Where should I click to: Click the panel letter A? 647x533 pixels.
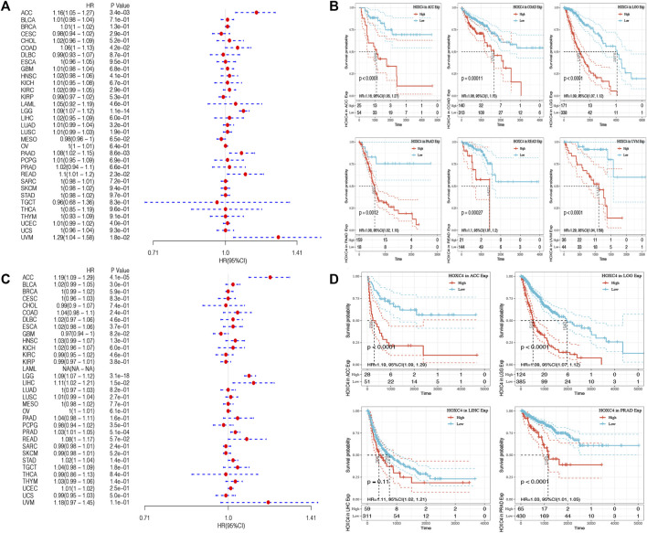pos(6,7)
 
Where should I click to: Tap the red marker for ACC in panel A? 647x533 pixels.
pos(256,12)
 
